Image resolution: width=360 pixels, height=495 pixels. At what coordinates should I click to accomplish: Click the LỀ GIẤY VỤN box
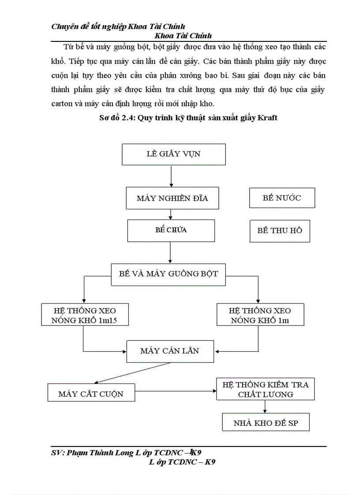[x=174, y=154]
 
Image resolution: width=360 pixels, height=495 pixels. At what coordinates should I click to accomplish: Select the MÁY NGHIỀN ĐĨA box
[x=172, y=198]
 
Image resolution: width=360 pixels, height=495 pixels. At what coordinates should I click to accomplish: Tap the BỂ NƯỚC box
[x=282, y=197]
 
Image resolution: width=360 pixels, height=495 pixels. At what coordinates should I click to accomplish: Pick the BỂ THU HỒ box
[x=280, y=231]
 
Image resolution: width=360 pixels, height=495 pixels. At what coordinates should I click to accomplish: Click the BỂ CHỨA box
[x=171, y=231]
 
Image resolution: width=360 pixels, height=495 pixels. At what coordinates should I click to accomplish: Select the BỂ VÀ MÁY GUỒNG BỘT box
[x=169, y=274]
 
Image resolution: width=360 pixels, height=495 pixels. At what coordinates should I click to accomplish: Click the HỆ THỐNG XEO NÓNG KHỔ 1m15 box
[x=85, y=315]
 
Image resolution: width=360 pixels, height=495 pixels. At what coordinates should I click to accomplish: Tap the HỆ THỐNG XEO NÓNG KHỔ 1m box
[x=260, y=315]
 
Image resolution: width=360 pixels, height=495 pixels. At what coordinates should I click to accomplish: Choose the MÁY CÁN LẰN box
[x=170, y=351]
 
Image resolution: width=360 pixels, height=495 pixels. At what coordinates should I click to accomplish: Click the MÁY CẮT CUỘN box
[x=91, y=393]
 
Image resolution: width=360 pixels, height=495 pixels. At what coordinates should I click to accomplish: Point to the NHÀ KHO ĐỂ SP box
[x=265, y=423]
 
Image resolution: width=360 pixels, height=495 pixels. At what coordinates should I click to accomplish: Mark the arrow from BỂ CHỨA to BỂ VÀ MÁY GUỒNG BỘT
[x=170, y=252]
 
